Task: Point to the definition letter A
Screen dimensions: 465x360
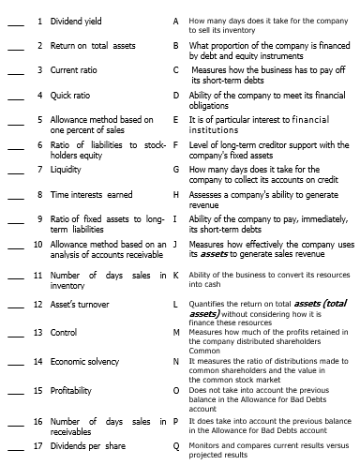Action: point(176,20)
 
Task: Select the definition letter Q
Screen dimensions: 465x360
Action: point(176,445)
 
